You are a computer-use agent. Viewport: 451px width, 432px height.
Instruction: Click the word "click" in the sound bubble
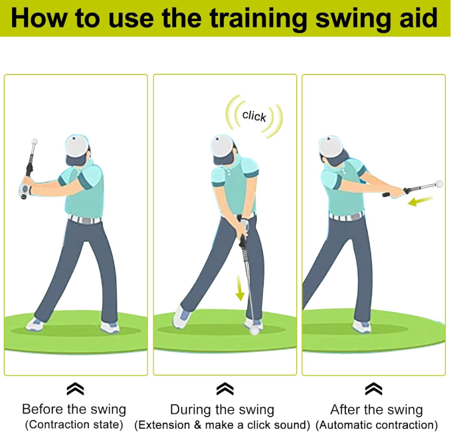pos(254,116)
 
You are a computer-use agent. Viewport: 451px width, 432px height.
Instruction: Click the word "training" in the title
pos(258,19)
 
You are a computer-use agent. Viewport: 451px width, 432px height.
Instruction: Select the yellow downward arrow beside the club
pos(240,288)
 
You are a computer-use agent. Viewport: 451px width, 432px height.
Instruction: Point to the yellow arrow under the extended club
pos(420,201)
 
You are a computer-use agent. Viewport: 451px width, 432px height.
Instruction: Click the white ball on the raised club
pos(35,141)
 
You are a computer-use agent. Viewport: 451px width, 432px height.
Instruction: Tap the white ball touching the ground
pos(254,330)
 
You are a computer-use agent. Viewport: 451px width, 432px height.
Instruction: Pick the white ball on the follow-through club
pos(440,183)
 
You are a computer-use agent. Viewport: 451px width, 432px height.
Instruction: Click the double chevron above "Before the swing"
pos(75,389)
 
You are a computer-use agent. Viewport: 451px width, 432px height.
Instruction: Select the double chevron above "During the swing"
pos(225,389)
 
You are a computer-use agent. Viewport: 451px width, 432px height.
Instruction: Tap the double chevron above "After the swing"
pos(374,389)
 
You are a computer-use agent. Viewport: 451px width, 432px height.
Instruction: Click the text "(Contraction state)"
pos(74,425)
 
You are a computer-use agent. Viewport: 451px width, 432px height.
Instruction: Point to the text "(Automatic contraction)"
pos(377,425)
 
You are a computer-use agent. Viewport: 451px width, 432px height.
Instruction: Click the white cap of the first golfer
pos(77,146)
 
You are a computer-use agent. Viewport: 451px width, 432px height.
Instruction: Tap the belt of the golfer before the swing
pos(84,220)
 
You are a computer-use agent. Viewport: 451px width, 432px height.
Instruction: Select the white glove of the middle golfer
pos(244,224)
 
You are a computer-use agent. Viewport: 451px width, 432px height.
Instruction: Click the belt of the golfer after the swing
pos(346,217)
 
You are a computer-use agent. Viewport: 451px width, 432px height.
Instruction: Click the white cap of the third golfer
pos(331,146)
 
